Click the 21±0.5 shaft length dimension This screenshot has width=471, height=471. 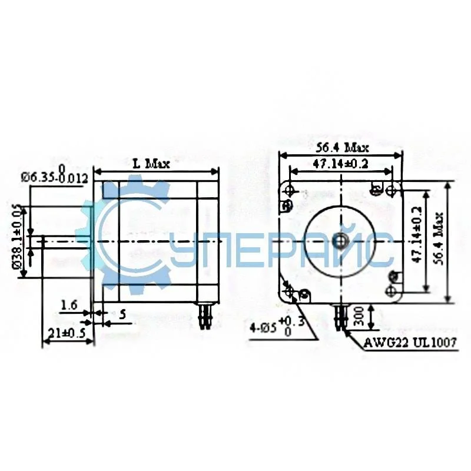(64, 333)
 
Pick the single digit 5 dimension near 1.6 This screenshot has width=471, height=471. (122, 314)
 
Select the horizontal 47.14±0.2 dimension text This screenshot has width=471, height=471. (340, 164)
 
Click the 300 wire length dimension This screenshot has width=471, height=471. (359, 319)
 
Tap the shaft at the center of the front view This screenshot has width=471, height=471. (340, 241)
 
